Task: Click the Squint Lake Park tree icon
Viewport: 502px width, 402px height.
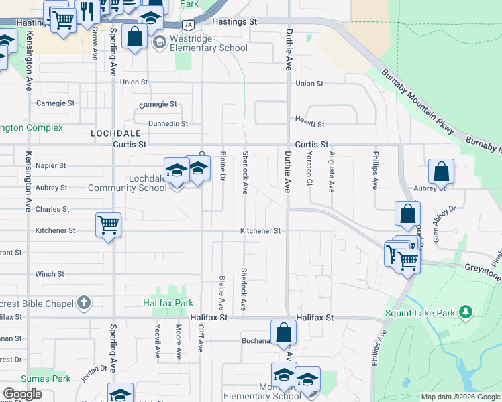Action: (x=464, y=312)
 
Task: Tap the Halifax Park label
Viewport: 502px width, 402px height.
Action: (x=168, y=303)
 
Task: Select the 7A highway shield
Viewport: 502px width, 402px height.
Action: (x=189, y=25)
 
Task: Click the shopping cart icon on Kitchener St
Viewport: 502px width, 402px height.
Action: (x=108, y=224)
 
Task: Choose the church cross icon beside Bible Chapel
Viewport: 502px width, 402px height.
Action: (x=83, y=303)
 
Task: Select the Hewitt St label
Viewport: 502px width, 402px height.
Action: (x=309, y=124)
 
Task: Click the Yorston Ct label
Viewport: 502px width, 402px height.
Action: (x=309, y=167)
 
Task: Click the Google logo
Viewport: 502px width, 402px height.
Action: (x=23, y=394)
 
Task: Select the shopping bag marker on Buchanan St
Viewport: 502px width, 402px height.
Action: (x=284, y=332)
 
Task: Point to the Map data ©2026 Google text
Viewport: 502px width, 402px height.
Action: (x=460, y=397)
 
